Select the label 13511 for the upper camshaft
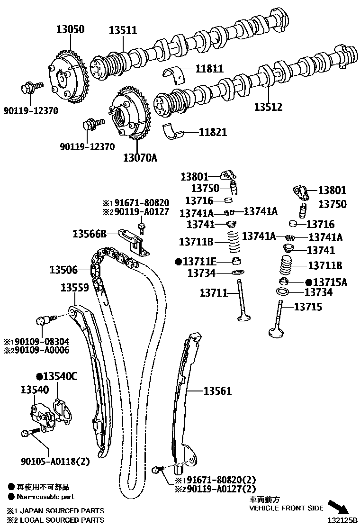click(x=123, y=30)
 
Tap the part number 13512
click(x=268, y=108)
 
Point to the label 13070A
click(x=140, y=157)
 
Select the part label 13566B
click(x=89, y=233)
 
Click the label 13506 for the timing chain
click(x=63, y=270)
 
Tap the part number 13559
click(x=74, y=287)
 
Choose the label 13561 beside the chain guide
click(x=218, y=391)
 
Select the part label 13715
click(x=308, y=307)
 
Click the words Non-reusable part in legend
click(x=45, y=497)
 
